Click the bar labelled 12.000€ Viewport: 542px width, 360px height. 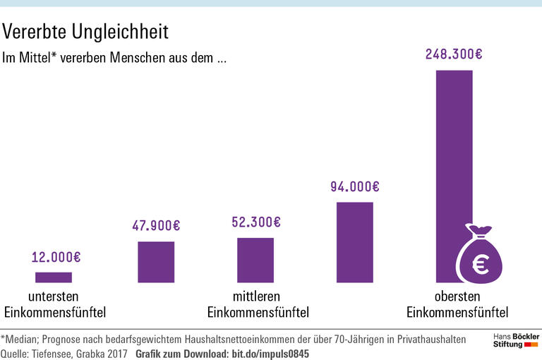[x=54, y=277]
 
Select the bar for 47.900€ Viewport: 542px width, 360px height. [x=156, y=262]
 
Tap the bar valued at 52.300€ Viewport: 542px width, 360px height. [x=255, y=260]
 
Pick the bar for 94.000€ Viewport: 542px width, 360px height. [x=355, y=242]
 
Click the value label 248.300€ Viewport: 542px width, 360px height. [x=454, y=54]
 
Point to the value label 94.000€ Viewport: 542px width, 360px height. [x=355, y=187]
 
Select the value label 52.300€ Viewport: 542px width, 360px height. [x=256, y=222]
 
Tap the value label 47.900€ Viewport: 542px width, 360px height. [x=156, y=226]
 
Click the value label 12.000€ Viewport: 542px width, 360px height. [x=56, y=258]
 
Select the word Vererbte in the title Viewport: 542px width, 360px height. [x=31, y=32]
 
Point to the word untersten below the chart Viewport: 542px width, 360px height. [x=54, y=296]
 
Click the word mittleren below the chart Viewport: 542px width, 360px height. [x=256, y=296]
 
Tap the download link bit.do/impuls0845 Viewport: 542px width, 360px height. [x=270, y=353]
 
